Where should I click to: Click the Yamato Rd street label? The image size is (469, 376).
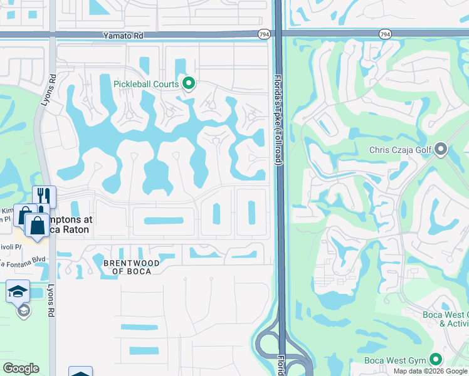click(x=127, y=37)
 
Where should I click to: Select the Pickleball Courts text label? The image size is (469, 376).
click(x=145, y=83)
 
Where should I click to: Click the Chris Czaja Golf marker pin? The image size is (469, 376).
click(x=441, y=149)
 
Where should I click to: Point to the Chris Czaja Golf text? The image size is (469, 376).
click(x=400, y=149)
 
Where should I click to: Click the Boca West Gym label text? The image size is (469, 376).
click(x=395, y=360)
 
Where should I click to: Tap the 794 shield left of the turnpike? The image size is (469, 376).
click(x=263, y=34)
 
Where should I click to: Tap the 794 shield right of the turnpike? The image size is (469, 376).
click(x=385, y=34)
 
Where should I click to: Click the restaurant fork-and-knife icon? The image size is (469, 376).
click(x=44, y=196)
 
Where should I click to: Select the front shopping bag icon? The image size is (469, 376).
click(x=37, y=225)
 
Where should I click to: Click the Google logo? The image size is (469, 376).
click(x=21, y=368)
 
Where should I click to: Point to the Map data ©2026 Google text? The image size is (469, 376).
click(x=430, y=371)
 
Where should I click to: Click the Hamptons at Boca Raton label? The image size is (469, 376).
click(x=71, y=225)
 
